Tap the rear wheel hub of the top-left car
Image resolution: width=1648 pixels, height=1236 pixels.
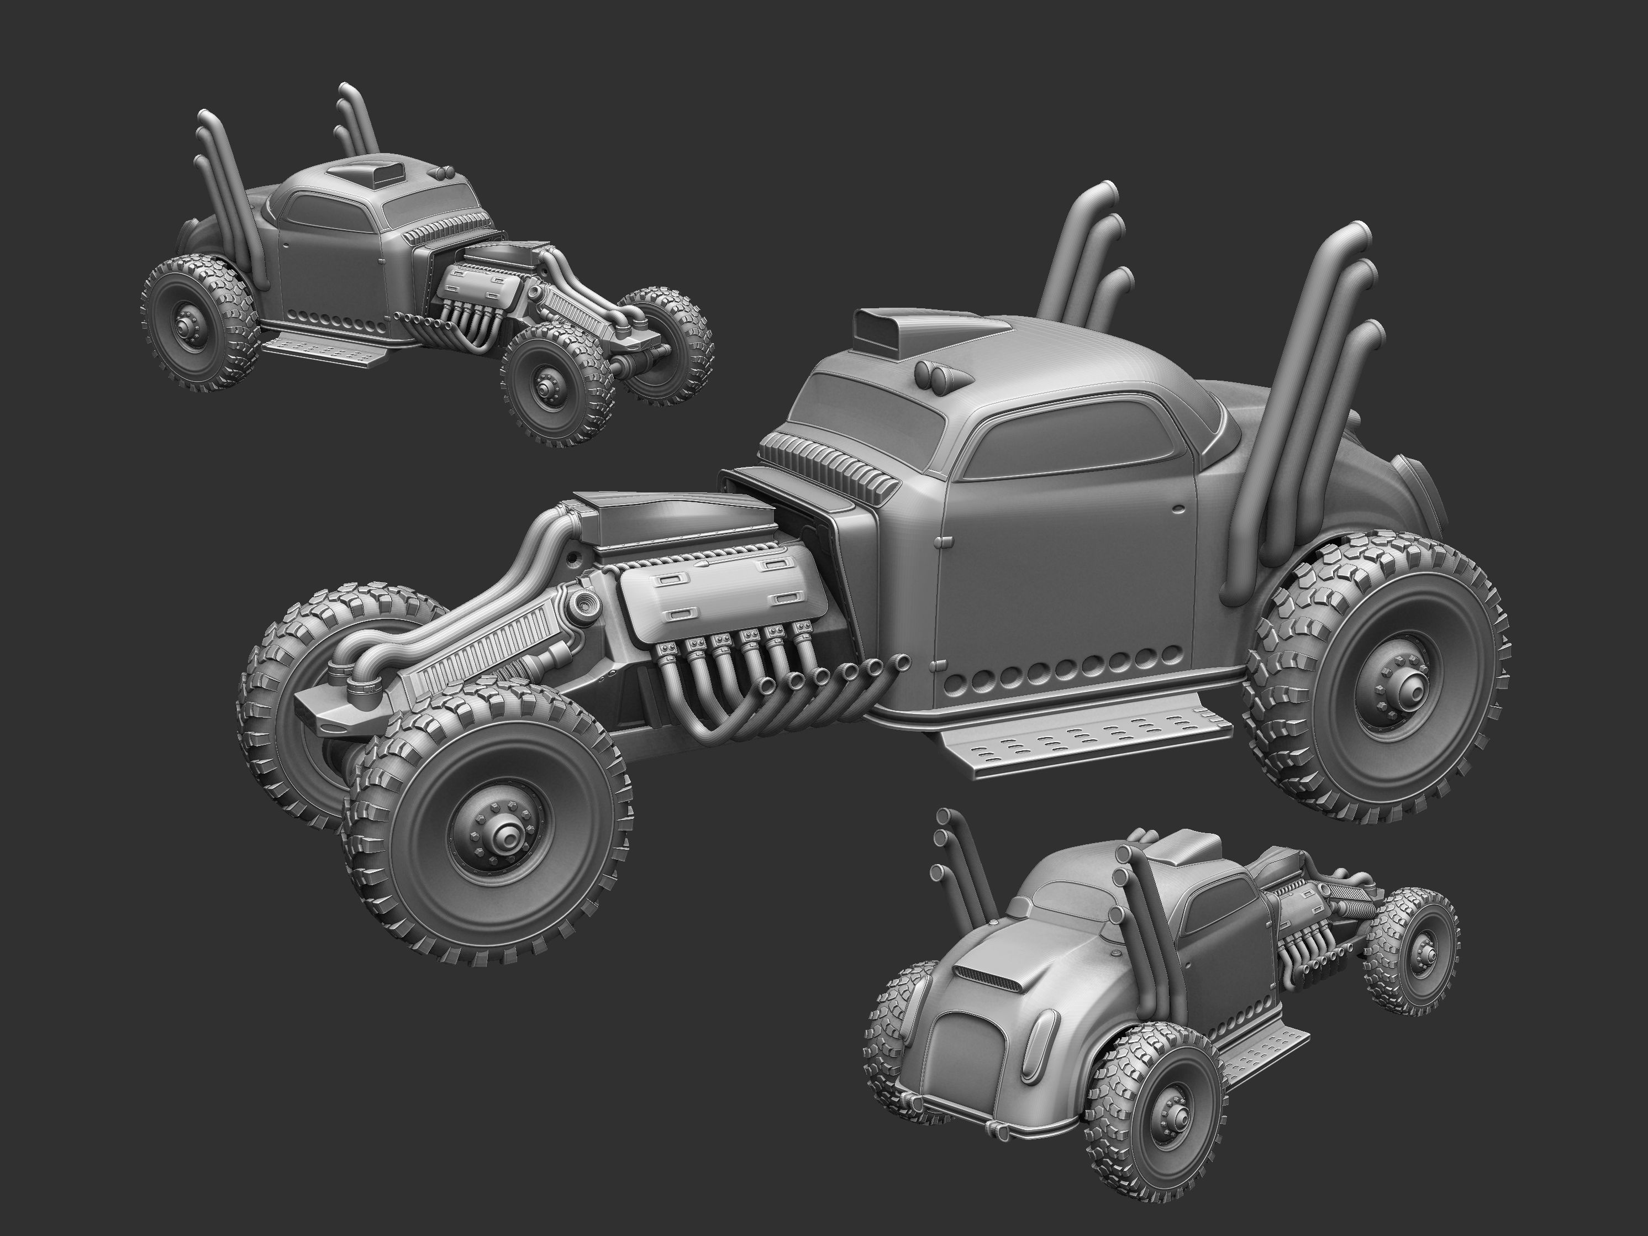point(186,327)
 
